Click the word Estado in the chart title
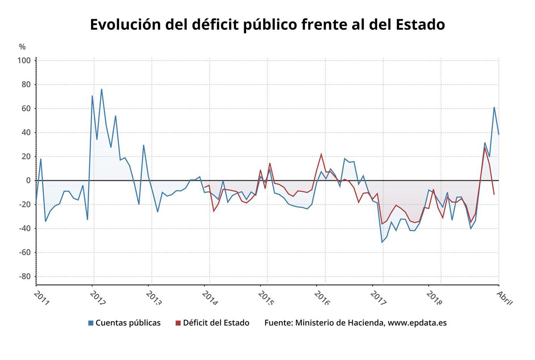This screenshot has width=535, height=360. pyautogui.click(x=420, y=25)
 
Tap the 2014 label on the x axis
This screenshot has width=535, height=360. pyautogui.click(x=210, y=298)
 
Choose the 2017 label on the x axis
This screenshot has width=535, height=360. pyautogui.click(x=379, y=298)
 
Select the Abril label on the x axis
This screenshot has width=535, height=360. pyautogui.click(x=504, y=297)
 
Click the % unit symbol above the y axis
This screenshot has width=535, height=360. pyautogui.click(x=22, y=47)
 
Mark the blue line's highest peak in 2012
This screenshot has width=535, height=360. pyautogui.click(x=101, y=89)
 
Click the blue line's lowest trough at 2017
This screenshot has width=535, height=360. pyautogui.click(x=382, y=242)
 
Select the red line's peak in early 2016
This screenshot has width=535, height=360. pyautogui.click(x=321, y=154)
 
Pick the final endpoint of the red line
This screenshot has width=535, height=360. pyautogui.click(x=494, y=195)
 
